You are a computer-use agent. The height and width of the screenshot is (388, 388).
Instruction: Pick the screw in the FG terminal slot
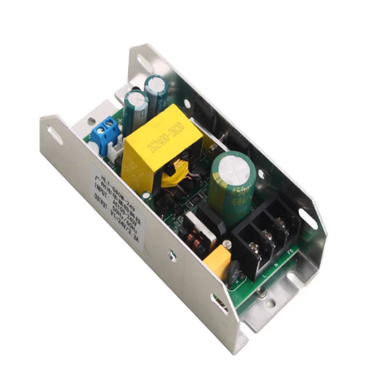pyautogui.click(x=280, y=221)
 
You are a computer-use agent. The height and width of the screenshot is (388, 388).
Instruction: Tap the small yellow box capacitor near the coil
pyautogui.click(x=216, y=260)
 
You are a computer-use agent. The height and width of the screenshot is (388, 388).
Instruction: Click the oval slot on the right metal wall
pyautogui.click(x=307, y=218)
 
